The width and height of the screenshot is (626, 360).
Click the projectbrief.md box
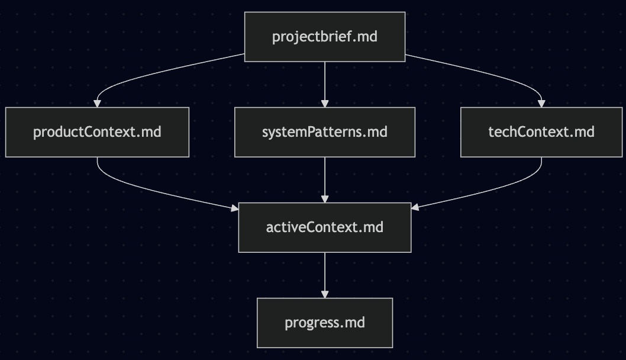tap(325, 37)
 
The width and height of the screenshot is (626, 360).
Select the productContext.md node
tap(97, 132)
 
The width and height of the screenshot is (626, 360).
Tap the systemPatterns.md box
tap(325, 132)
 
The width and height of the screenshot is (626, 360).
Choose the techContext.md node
tap(541, 132)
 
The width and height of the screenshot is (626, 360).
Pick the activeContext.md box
tap(325, 227)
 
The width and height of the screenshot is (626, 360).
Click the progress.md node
tap(325, 323)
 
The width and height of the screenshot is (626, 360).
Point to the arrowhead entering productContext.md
tap(97, 104)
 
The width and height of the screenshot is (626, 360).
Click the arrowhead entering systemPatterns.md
tap(325, 104)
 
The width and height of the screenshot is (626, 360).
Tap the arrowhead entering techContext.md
tap(541, 104)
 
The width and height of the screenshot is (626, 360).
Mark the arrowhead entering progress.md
tap(325, 294)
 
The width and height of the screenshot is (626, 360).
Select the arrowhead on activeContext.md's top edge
tap(325, 199)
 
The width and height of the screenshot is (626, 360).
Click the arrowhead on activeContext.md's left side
tap(234, 208)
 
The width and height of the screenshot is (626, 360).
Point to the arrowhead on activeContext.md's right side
tap(415, 208)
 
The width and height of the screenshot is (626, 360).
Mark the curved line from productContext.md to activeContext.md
tap(160, 192)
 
